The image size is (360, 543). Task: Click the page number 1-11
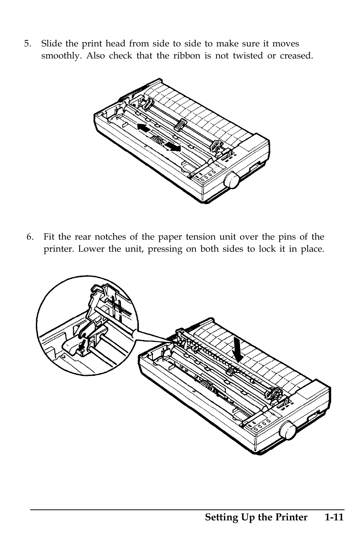(333, 517)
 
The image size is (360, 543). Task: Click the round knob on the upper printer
(231, 180)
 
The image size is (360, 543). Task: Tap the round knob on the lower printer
(288, 431)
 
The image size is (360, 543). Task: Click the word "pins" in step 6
(282, 237)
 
